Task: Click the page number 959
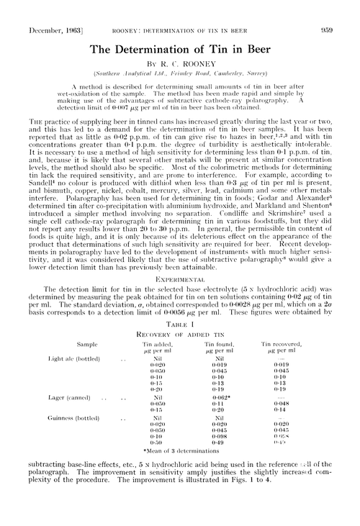point(341,12)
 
